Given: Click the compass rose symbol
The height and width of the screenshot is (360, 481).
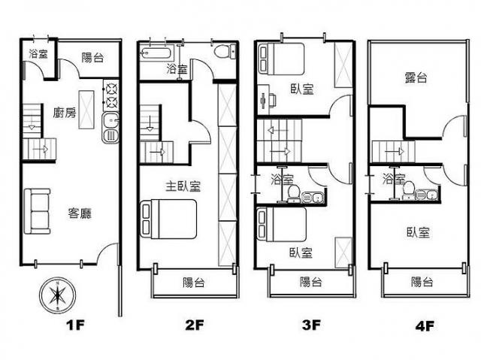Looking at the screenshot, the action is tap(57, 296).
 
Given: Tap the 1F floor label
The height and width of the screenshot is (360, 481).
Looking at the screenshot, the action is tap(75, 325).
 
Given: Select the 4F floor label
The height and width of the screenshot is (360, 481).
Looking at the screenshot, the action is tap(425, 326).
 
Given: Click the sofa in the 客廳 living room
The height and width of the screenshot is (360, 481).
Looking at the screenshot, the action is tap(37, 211).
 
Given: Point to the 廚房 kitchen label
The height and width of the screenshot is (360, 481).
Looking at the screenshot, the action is tap(65, 113).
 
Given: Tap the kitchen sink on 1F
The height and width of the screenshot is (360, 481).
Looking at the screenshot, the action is tap(110, 128).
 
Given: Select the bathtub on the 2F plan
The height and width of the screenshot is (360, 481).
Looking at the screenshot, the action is tap(155, 53).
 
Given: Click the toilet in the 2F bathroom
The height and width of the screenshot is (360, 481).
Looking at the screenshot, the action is tap(225, 51).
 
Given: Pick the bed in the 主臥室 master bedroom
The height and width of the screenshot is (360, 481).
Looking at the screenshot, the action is tap(168, 219).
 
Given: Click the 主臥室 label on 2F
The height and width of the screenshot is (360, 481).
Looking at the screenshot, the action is tap(183, 186).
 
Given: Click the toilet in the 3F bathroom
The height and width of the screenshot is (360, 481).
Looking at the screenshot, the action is tap(294, 193).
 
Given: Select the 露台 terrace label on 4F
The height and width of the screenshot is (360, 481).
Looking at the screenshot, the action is tap(416, 77).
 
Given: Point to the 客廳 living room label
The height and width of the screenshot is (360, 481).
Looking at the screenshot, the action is tap(80, 213).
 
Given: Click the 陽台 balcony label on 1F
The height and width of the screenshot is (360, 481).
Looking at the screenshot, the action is tap(92, 58).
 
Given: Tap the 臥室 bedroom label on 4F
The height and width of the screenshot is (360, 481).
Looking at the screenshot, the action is tap(419, 232).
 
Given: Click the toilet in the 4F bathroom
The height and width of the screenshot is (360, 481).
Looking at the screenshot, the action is tap(408, 190).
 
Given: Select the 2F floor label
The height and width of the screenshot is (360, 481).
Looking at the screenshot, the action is tap(195, 325).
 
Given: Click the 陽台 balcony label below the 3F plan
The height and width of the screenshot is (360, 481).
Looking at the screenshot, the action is tap(310, 282).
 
